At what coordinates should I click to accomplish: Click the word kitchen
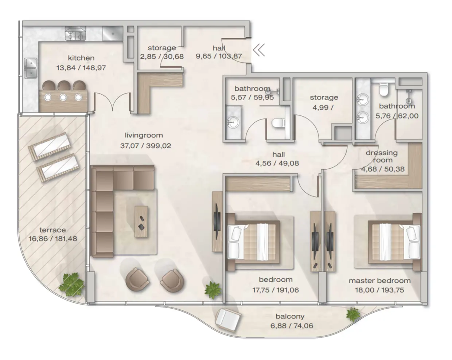(81, 58)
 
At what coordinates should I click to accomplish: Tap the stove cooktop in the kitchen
(75, 34)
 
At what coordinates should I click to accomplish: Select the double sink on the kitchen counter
(30, 68)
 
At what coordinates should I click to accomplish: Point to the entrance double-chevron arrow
(259, 50)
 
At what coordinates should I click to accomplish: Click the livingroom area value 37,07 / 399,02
(145, 146)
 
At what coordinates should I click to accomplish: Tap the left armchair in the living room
(137, 279)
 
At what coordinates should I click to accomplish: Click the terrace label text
(52, 230)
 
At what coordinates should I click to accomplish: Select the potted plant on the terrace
(71, 285)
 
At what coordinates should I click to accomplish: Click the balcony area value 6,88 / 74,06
(292, 326)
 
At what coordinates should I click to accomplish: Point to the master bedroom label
(379, 281)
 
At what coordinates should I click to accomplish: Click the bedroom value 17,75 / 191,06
(275, 290)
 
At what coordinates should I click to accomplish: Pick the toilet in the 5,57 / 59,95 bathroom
(278, 124)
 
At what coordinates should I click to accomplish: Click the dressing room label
(382, 156)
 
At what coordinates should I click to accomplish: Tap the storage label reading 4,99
(324, 102)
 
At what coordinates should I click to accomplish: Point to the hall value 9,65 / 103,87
(219, 56)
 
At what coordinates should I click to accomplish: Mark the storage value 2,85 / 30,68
(162, 56)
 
